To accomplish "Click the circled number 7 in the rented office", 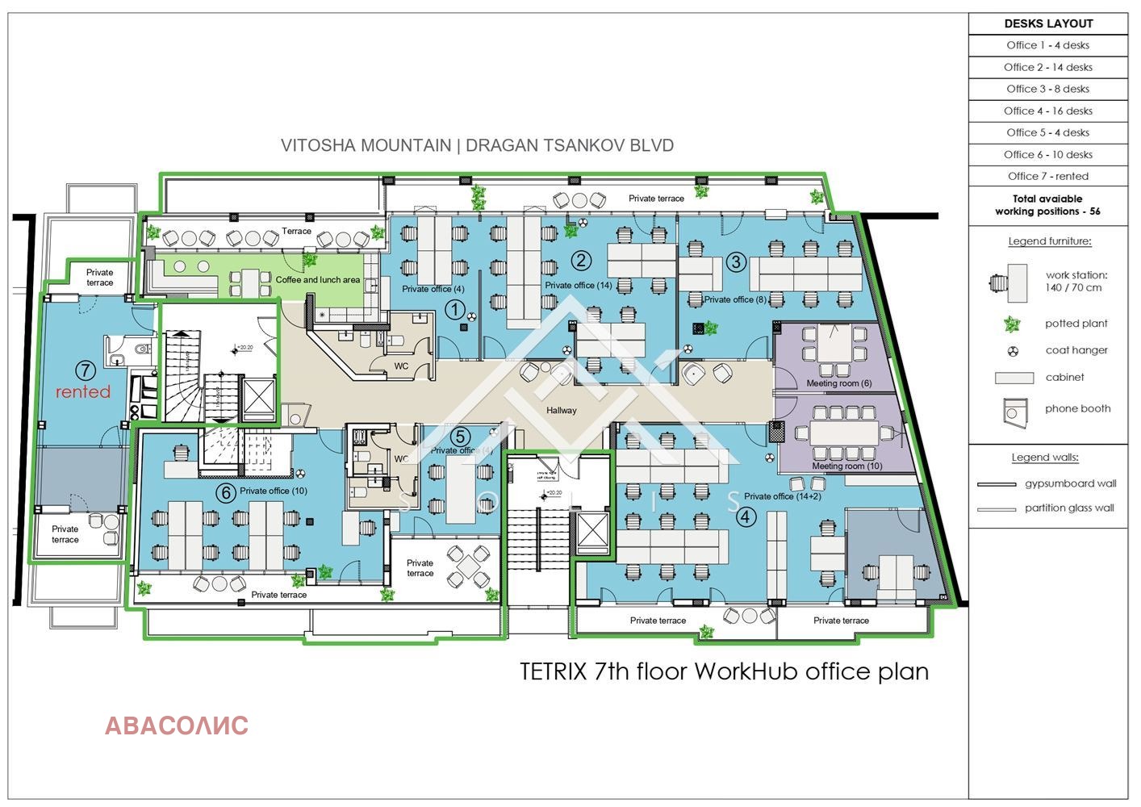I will point(86,370).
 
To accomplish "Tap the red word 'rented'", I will point(82,392).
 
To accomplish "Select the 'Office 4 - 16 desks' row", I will point(1047,111).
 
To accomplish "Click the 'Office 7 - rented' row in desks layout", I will point(1047,176).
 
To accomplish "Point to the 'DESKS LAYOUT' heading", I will point(1048,23).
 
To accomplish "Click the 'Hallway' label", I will point(562,410).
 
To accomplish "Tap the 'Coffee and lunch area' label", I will point(318,280).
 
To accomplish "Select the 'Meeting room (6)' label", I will point(838,383).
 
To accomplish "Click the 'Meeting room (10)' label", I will point(846,466).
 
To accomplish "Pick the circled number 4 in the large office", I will point(746,516).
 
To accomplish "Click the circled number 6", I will point(225,491).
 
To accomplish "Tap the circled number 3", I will point(735,261).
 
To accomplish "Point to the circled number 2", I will point(581,260).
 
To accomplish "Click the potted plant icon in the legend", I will point(1012,324).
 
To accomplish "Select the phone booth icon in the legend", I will point(1014,411).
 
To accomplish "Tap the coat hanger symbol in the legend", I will point(1014,351).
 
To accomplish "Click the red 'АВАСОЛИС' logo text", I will point(177,725).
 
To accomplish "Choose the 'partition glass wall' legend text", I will point(1069,508).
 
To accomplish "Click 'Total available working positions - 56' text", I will point(1047,205).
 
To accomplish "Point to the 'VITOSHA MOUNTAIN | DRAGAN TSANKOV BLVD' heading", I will point(477,145).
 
